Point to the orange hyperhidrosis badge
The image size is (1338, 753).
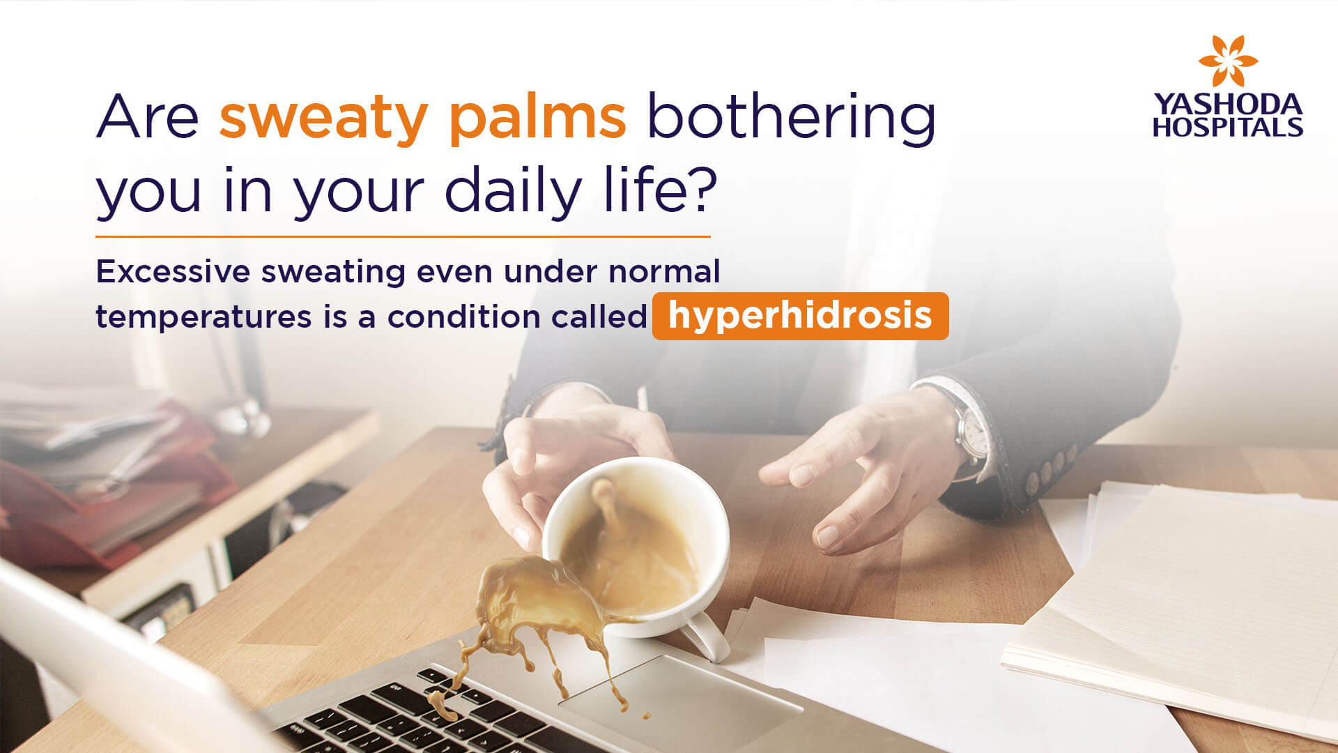pyautogui.click(x=800, y=316)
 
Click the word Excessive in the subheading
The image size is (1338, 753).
pyautogui.click(x=173, y=271)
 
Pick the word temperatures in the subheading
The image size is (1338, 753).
pyautogui.click(x=203, y=317)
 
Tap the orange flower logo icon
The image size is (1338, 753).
pyautogui.click(x=1228, y=61)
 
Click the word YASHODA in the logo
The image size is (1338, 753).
pyautogui.click(x=1227, y=105)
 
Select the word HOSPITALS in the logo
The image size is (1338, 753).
pyautogui.click(x=1227, y=127)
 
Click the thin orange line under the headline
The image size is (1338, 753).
pyautogui.click(x=403, y=237)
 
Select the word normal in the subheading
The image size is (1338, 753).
pyautogui.click(x=664, y=271)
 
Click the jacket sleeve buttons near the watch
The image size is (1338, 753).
pyautogui.click(x=1049, y=466)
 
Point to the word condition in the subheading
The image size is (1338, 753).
pyautogui.click(x=463, y=317)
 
